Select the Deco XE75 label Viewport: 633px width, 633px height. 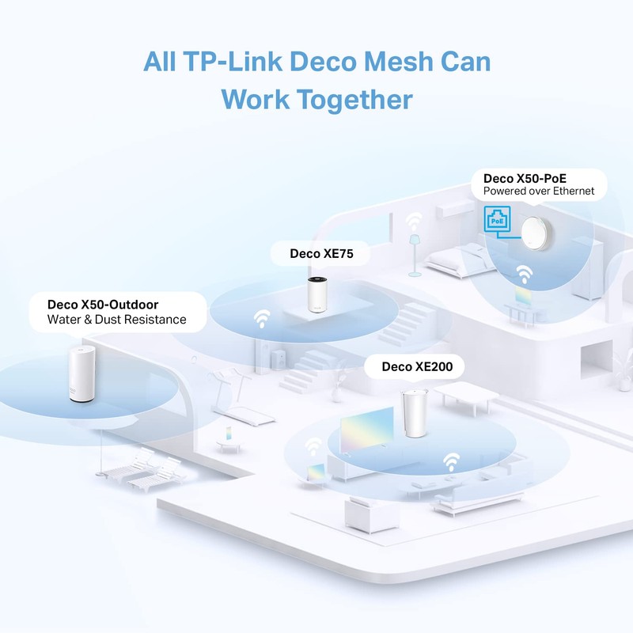coord(311,253)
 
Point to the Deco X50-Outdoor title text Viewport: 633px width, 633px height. coord(103,304)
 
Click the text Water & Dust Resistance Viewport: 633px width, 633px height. coord(116,320)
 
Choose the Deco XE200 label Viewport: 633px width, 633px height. coord(411,366)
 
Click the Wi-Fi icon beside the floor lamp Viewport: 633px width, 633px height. coord(414,220)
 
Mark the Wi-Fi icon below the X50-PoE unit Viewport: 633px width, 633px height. coord(523,275)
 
